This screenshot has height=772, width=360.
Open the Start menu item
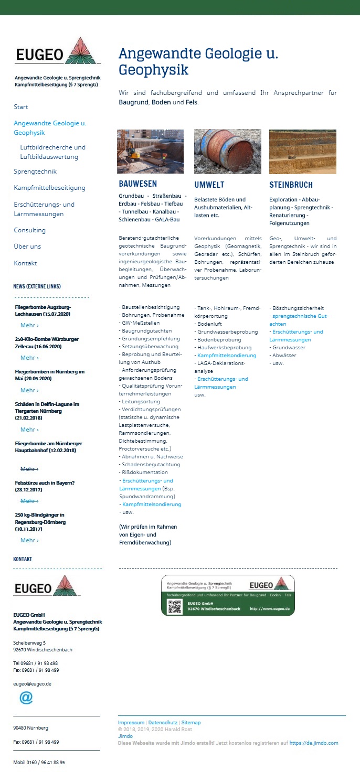21,107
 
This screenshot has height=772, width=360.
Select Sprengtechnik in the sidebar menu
35,171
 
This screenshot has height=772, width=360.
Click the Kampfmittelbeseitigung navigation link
49,188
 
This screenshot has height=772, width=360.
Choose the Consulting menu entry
30,230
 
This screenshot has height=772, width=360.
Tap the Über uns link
27,246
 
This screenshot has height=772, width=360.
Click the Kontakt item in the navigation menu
25,263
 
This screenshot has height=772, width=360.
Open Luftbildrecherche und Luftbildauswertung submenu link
52,152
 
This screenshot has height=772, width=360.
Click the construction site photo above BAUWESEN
150,152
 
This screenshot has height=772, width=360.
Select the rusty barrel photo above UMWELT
227,152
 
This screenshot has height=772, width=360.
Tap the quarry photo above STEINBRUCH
303,152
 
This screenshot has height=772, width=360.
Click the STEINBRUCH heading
291,185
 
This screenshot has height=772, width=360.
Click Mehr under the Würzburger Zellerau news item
29,358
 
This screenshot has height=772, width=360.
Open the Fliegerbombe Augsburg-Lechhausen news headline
43,310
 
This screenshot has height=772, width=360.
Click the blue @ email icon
26,698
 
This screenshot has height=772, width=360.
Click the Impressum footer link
131,723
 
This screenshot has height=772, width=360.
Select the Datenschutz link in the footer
163,723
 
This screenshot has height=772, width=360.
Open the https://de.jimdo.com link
314,743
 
